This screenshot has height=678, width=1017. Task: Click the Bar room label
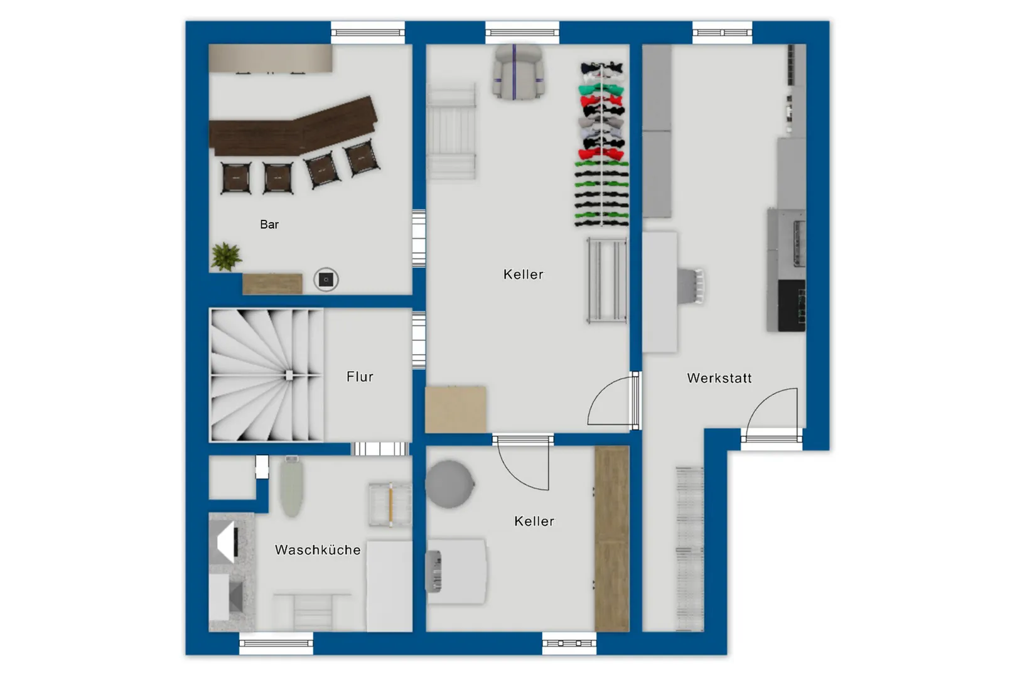[x=269, y=224]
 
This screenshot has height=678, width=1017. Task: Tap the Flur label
[x=360, y=377]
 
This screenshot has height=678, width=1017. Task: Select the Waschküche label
[x=318, y=550]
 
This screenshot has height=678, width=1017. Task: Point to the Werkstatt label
[x=719, y=378]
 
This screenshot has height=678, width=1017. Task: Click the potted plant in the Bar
[x=226, y=257]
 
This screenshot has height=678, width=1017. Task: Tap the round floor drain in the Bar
[x=326, y=279]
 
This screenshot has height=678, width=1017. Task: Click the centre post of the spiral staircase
[x=289, y=375]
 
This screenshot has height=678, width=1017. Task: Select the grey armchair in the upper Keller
[x=518, y=72]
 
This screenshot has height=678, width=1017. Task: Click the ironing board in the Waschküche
[x=291, y=487]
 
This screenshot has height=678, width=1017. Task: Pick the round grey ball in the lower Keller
[x=449, y=484]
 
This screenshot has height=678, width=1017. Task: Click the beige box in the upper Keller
[x=455, y=409]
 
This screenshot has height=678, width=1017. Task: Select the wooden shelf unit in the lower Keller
[x=612, y=539]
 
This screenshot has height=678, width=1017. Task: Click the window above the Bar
[x=368, y=33]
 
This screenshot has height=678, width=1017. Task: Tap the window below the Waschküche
[x=276, y=643]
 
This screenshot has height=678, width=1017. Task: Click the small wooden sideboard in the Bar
[x=272, y=284]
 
